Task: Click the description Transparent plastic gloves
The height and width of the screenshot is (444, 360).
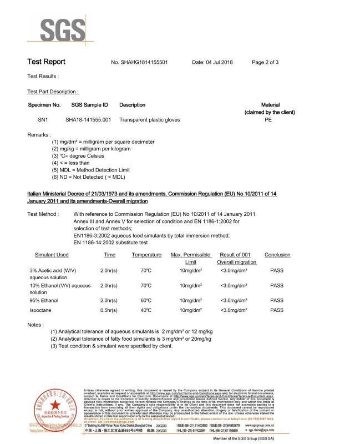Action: [149, 119]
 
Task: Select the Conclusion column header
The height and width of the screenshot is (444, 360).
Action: [277, 255]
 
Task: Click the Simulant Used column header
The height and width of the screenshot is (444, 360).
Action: [52, 255]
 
